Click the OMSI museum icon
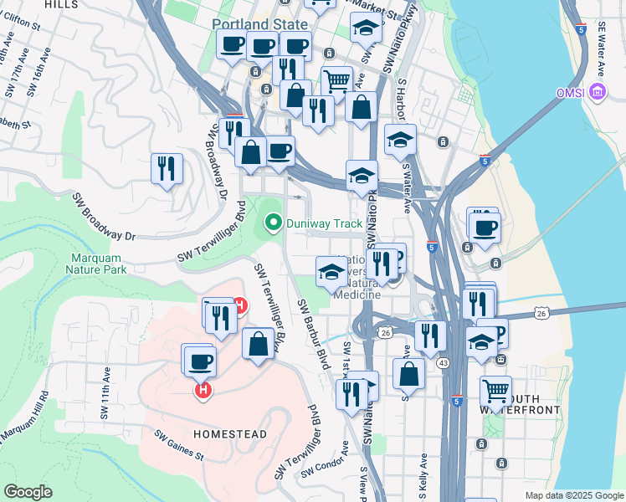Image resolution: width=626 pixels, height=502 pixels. tap(598, 90)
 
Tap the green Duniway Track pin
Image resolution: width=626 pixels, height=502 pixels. tap(272, 223)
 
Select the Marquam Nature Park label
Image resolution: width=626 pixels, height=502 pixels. tap(98, 264)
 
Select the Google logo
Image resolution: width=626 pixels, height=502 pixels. tap(28, 491)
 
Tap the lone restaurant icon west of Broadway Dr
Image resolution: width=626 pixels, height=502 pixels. tap(167, 168)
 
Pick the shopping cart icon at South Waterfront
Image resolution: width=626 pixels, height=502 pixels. tap(495, 391)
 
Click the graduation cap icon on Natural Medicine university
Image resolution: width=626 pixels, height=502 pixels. tap(330, 271)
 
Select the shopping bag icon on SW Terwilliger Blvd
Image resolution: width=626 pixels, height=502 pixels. tap(258, 343)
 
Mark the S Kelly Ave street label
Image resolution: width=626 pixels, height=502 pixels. tap(424, 474)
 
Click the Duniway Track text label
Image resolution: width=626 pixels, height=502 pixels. tap(325, 223)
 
